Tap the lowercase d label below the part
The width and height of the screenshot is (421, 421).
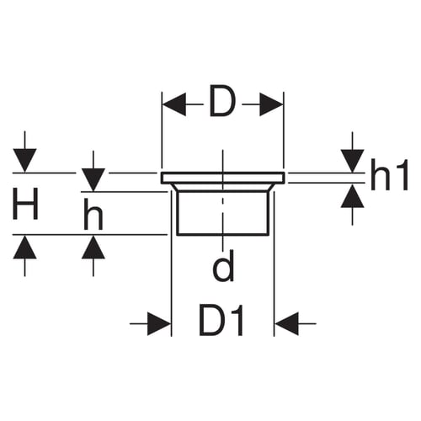click(x=223, y=266)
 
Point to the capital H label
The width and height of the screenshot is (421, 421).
click(x=25, y=204)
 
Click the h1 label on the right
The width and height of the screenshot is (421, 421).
click(x=389, y=174)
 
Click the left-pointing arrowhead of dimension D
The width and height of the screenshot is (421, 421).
click(x=174, y=104)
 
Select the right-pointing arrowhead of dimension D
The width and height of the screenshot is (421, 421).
click(x=271, y=104)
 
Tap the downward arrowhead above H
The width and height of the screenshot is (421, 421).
click(x=25, y=160)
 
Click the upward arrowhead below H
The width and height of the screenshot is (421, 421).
click(x=25, y=247)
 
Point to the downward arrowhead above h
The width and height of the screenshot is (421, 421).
click(x=93, y=179)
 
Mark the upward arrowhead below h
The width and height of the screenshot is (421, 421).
click(x=93, y=247)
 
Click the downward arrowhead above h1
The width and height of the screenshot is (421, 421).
click(x=353, y=161)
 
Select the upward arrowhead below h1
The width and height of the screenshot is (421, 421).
click(x=353, y=196)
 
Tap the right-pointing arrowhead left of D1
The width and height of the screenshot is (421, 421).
click(x=159, y=323)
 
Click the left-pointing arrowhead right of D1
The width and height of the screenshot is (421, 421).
click(x=286, y=323)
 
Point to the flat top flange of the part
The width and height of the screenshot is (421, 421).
click(x=223, y=178)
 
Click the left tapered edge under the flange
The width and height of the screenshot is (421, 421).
click(x=174, y=187)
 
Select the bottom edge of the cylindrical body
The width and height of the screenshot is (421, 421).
click(x=222, y=234)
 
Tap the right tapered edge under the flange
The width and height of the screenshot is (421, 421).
click(x=270, y=187)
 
